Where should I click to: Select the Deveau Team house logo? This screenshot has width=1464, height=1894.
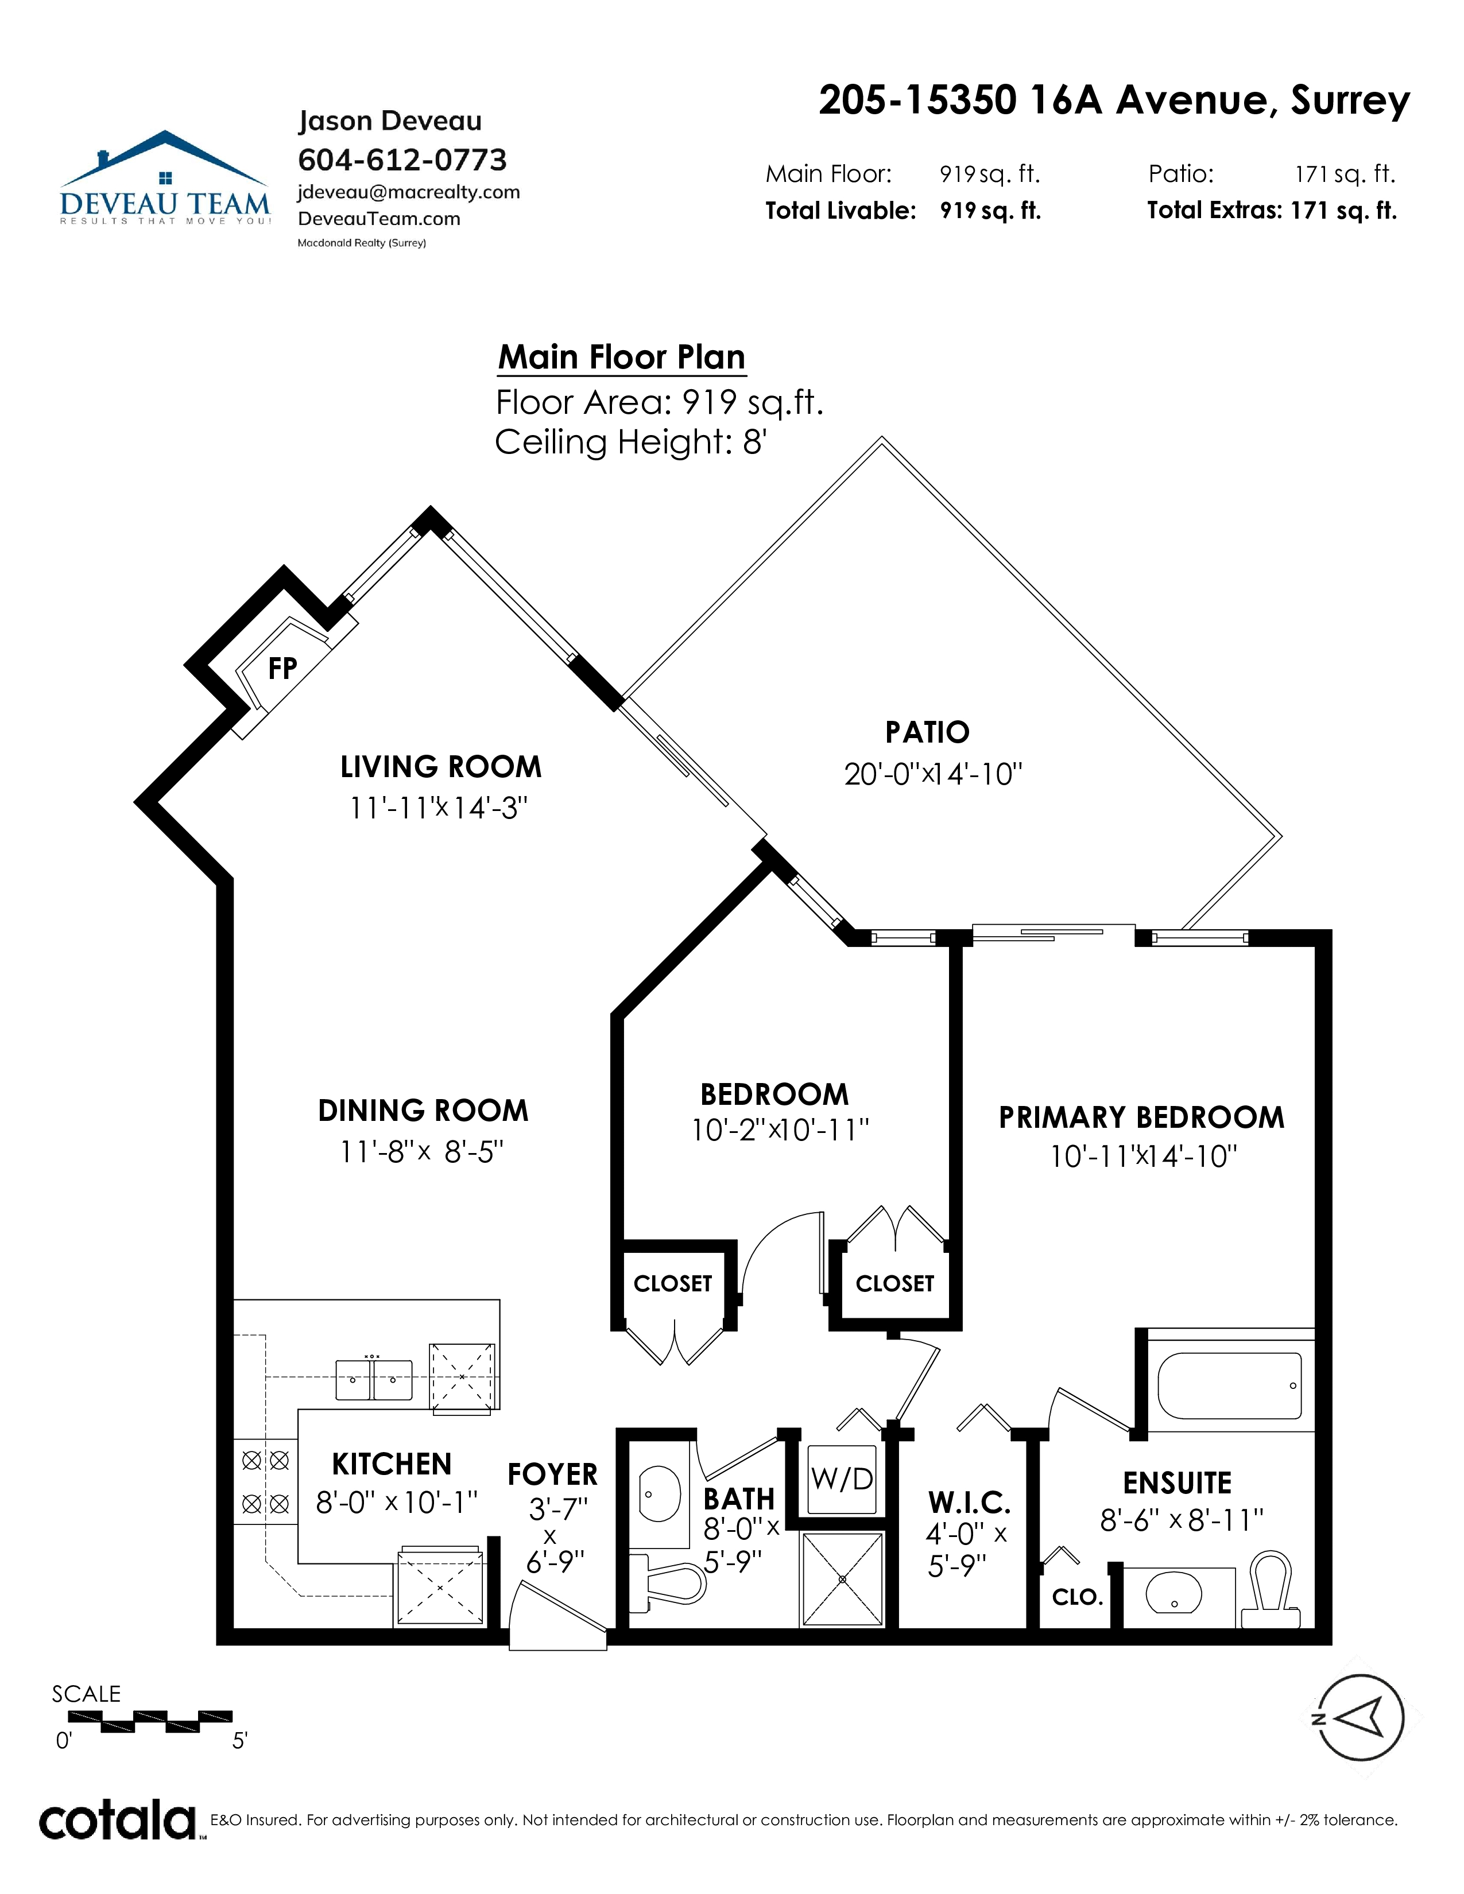point(165,178)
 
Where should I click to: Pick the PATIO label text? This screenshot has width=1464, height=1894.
point(927,732)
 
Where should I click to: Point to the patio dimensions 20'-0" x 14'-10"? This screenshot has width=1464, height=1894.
point(933,774)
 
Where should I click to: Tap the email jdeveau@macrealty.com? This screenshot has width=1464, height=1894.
point(409,192)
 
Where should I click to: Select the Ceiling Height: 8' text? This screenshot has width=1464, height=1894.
point(630,443)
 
